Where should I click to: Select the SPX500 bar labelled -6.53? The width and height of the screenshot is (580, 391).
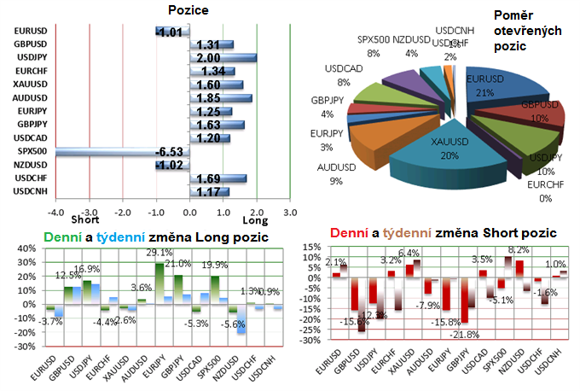coord(102,152)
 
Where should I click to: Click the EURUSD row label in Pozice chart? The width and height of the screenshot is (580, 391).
coord(30,32)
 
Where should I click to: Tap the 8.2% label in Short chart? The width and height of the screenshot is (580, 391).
coord(518,250)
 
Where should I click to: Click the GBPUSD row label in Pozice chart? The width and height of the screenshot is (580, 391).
coord(30,44)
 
